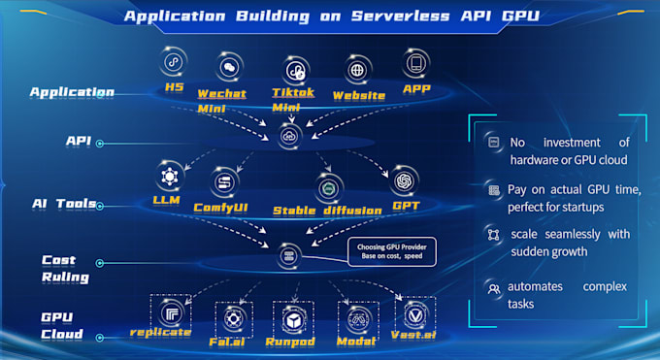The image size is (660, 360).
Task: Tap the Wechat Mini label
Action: point(222,100)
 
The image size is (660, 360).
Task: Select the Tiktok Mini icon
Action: point(296,70)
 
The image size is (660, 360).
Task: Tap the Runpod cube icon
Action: point(291,316)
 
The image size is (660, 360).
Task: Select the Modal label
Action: point(356,342)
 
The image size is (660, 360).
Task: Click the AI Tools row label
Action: point(63,204)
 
